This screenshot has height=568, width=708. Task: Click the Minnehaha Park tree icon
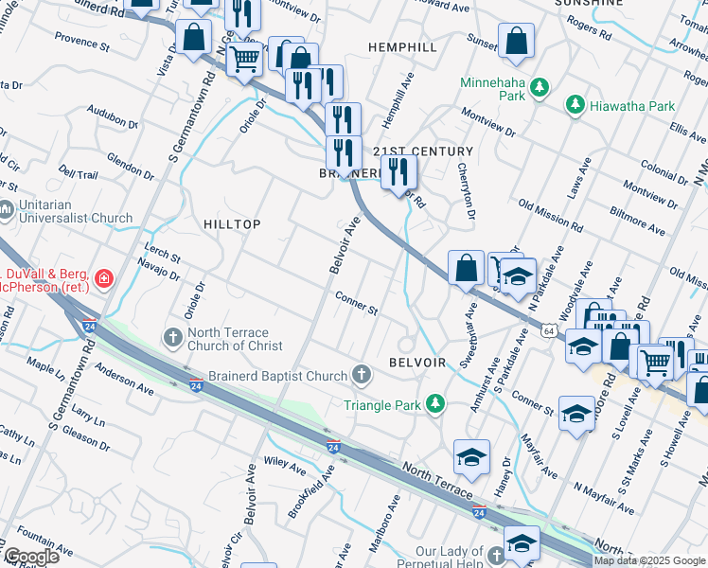point(540,88)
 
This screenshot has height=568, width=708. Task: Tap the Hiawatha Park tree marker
point(574,106)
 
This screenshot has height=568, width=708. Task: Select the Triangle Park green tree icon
point(434,404)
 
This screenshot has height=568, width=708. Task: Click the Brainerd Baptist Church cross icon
point(361,376)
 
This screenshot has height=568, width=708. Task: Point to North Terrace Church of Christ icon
point(172,337)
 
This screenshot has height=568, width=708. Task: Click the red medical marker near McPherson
point(102,279)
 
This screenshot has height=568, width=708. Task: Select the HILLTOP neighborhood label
point(232,222)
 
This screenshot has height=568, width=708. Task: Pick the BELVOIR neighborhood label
point(417,363)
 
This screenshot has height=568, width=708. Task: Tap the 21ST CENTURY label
point(422,151)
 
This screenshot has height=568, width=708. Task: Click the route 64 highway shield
point(549,330)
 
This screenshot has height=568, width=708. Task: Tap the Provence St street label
point(82,42)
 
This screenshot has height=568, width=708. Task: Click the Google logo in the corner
point(30,557)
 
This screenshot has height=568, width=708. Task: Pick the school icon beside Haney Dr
point(471,458)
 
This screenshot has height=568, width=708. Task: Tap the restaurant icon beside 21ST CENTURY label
point(398,171)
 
